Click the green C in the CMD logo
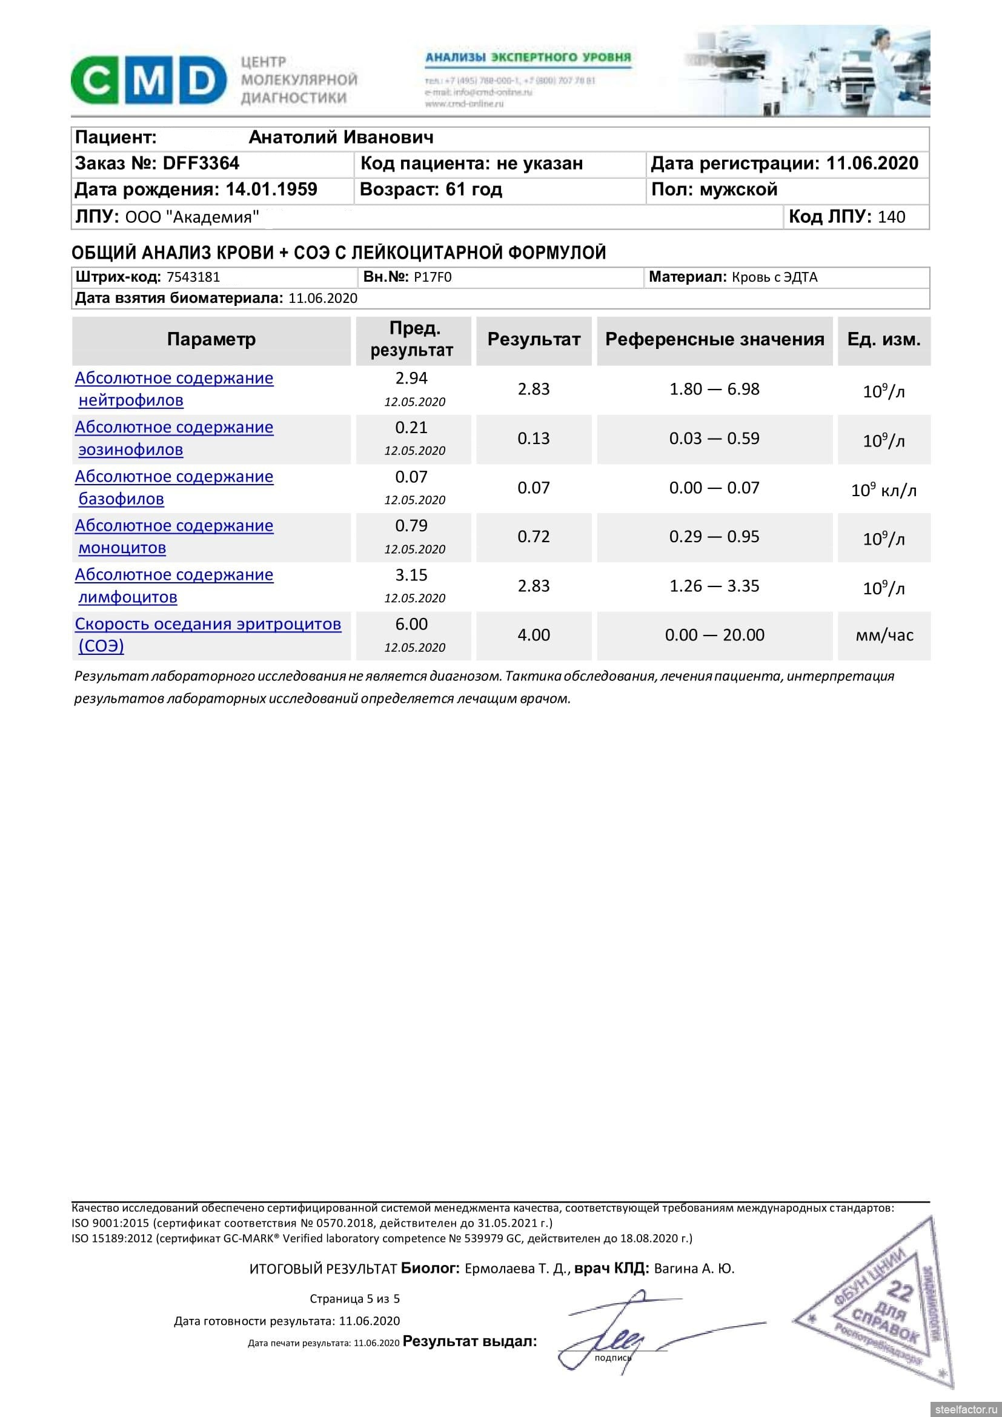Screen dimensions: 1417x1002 [96, 81]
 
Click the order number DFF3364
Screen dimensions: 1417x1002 [201, 164]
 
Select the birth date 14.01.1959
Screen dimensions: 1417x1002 [271, 190]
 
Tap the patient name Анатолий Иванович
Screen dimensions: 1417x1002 [340, 138]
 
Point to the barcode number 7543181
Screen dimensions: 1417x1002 [193, 277]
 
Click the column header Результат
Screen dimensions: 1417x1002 [534, 339]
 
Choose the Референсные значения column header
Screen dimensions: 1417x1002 [714, 339]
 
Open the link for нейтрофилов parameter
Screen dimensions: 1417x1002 [131, 400]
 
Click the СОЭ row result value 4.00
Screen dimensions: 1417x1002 [534, 635]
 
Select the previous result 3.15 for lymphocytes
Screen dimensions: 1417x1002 [411, 575]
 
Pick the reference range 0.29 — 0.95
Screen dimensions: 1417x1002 [714, 537]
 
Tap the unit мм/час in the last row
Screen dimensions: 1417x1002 [884, 635]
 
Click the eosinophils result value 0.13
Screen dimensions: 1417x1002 [534, 439]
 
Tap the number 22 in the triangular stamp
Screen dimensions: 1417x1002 [900, 1291]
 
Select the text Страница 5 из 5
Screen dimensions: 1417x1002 [355, 1299]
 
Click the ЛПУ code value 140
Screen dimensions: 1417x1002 [892, 217]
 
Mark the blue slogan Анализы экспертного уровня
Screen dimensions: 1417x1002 [528, 58]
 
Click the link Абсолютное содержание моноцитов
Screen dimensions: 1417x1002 [174, 537]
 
